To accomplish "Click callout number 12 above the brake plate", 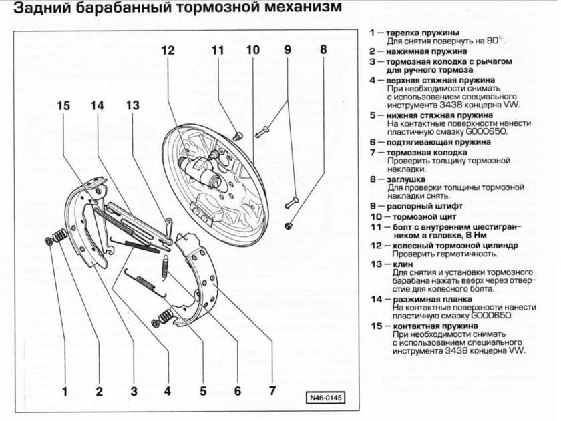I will (167, 50).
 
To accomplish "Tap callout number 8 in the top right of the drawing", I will (323, 50).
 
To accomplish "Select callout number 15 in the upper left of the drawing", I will (63, 105).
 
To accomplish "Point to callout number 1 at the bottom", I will (65, 391).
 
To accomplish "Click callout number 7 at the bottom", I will (272, 391).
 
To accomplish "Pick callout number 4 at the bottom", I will (168, 391).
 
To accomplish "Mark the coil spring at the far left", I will (59, 235).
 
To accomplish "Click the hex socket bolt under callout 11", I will (236, 136).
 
